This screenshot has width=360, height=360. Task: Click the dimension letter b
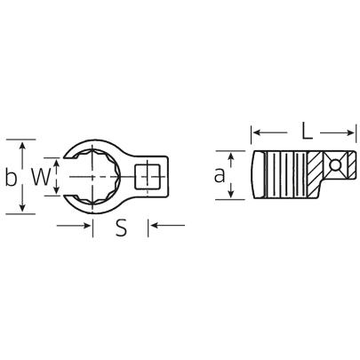point(11,177)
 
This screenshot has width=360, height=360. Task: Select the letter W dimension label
point(40,176)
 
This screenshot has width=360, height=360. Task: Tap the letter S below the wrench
point(122,228)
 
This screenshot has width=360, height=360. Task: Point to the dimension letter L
point(306,132)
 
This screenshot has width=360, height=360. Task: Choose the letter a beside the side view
point(219,176)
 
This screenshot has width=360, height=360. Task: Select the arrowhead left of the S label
point(89,226)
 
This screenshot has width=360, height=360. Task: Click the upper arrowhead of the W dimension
point(58,159)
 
